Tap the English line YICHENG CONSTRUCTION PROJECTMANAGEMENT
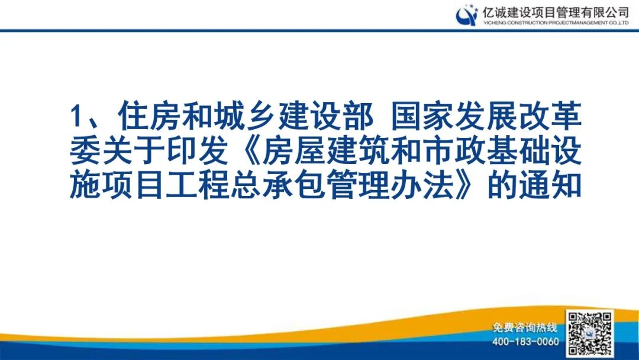tap(556, 22)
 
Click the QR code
tap(590, 332)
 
